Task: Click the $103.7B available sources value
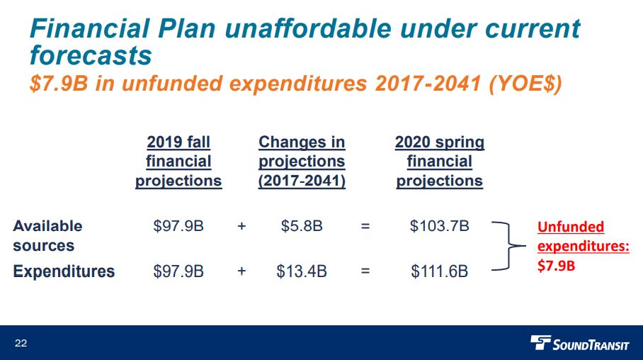coord(439,226)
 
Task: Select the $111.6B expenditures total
coord(439,271)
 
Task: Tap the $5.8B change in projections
coord(302,226)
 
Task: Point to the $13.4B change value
coord(302,271)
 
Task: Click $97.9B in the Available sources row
coord(178,226)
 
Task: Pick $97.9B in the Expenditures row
coord(178,271)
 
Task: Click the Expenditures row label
coord(64,271)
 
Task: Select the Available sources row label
coord(47,235)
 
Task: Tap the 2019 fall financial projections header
coord(178,162)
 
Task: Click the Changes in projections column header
coord(302,162)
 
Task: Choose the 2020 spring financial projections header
coord(440,162)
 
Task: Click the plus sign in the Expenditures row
coord(241,271)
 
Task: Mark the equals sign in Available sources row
coord(365,226)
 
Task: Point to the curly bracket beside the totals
coord(509,247)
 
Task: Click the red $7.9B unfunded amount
coord(556,266)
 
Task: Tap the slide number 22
coord(21,343)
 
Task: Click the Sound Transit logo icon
coord(540,342)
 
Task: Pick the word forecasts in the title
coord(91,55)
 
